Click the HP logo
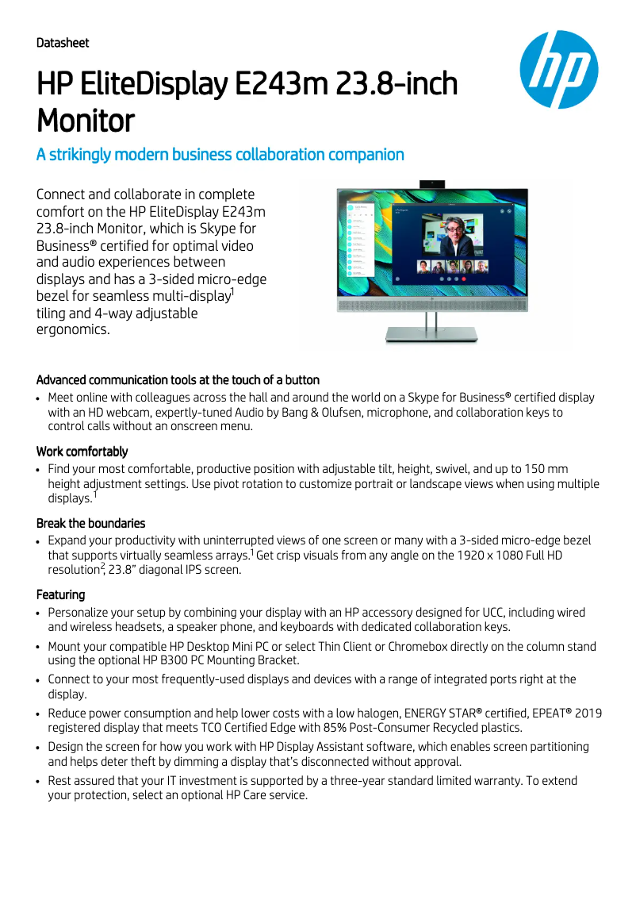point(559,70)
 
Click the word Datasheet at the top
point(63,43)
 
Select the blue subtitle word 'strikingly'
point(85,155)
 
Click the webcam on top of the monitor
point(432,183)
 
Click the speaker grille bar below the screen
point(432,305)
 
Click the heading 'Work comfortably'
point(82,452)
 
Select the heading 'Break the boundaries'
point(90,523)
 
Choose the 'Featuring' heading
point(60,594)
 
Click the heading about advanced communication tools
point(178,380)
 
